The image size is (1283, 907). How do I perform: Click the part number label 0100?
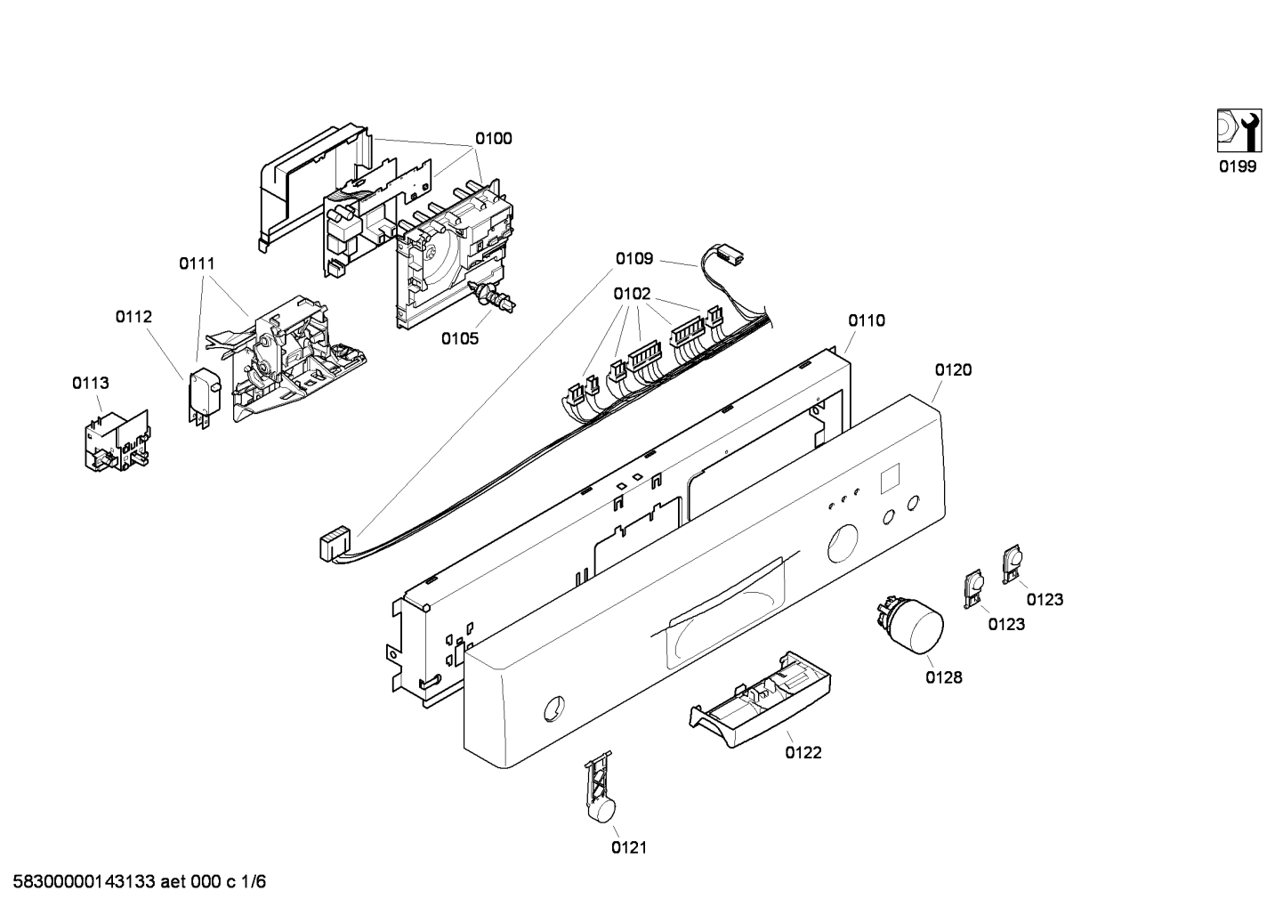pyautogui.click(x=493, y=139)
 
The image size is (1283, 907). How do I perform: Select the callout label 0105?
pyautogui.click(x=460, y=338)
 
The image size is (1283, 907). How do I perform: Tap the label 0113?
pyautogui.click(x=91, y=384)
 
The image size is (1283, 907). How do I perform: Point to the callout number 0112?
pyautogui.click(x=133, y=317)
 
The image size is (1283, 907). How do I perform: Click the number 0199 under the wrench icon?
pyautogui.click(x=1238, y=166)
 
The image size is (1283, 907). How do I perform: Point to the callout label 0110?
pyautogui.click(x=867, y=320)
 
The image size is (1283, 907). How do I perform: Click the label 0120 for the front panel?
pyautogui.click(x=953, y=370)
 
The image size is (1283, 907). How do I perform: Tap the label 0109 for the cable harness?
pyautogui.click(x=634, y=259)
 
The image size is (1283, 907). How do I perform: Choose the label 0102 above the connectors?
pyautogui.click(x=632, y=294)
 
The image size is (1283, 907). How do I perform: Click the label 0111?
pyautogui.click(x=197, y=263)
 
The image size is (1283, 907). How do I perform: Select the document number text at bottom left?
pyautogui.click(x=134, y=882)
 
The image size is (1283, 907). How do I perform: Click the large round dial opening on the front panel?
pyautogui.click(x=843, y=544)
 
